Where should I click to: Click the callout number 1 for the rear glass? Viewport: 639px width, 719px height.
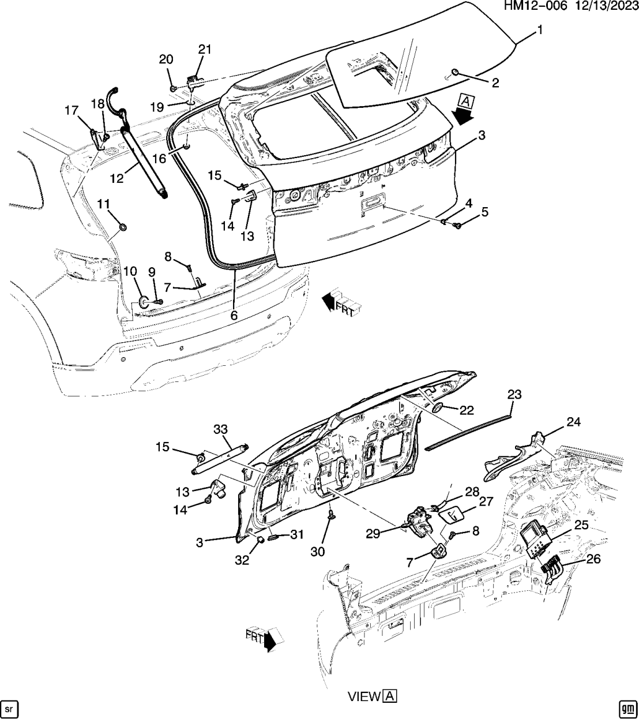(x=540, y=31)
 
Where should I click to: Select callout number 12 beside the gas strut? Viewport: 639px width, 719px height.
(x=117, y=178)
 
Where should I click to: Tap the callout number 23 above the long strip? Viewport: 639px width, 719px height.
(x=514, y=395)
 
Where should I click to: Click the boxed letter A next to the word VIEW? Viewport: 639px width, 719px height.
(x=390, y=696)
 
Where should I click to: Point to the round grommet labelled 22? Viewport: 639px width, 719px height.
(x=438, y=408)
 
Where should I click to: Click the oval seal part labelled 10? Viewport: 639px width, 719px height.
(x=143, y=301)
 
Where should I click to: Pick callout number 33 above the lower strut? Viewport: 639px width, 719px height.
(x=221, y=429)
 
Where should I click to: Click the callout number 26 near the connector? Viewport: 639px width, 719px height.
(x=593, y=559)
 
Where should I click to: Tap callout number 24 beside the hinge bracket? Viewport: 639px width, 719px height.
(x=573, y=422)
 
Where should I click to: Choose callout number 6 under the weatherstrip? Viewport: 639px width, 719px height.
(x=234, y=316)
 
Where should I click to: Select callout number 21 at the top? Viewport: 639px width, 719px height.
(x=205, y=50)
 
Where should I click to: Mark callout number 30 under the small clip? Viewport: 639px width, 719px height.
(x=317, y=552)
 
